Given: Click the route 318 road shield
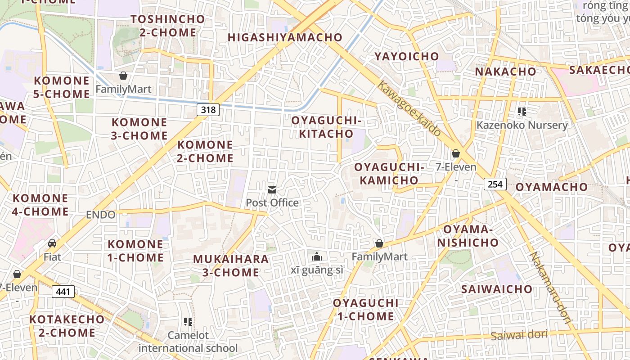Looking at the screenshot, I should point(208,109).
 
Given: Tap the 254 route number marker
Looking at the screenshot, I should point(495,184).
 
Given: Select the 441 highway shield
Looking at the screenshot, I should point(63,292).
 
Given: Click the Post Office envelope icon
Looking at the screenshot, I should point(272,190).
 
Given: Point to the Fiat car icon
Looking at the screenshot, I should point(52,243).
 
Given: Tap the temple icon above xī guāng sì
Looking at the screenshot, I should point(317,256).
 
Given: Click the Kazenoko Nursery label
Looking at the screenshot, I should point(522,125).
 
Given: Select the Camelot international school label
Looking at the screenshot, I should point(188,342).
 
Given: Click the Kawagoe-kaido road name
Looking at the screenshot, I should point(409,108).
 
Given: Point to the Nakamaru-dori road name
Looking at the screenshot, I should point(550,288).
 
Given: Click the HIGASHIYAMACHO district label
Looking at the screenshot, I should point(285,37).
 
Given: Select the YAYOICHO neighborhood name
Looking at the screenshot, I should point(407,56).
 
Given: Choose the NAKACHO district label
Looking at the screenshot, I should point(506,72).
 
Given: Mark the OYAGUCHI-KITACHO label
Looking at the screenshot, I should point(326,127).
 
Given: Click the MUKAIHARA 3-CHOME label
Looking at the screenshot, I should point(231,265).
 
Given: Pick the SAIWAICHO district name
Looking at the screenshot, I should point(497,289).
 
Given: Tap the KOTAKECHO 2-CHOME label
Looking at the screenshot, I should point(67,326).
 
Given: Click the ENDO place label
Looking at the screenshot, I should point(100,215).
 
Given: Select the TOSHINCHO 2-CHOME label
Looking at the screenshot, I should point(168,26).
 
